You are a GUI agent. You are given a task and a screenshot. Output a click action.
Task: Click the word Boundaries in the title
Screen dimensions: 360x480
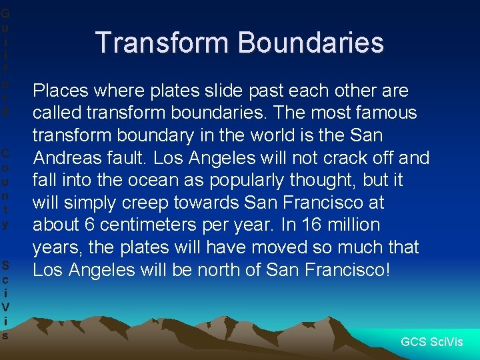pos(311,42)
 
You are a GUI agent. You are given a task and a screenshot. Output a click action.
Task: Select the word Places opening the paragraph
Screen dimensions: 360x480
pos(59,91)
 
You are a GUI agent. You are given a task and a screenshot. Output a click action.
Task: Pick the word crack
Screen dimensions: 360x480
pos(333,158)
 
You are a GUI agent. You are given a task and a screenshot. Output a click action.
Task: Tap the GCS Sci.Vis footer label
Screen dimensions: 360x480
pos(431,342)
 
